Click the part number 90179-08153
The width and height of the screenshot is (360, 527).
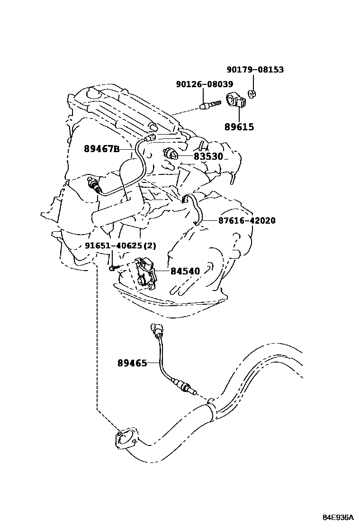pos(255,70)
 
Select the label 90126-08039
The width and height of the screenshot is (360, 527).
pos(204,84)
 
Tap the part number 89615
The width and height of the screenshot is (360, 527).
pos(239,127)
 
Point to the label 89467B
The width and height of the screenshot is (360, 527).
pos(101,149)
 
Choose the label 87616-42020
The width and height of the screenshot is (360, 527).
pos(247,221)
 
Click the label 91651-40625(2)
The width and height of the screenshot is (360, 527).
pos(120,245)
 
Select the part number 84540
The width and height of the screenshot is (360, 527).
pos(185,271)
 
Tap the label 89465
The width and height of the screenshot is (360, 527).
pos(132,363)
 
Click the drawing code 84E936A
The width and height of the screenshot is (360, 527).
pos(338,517)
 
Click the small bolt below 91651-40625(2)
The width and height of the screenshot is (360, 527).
pos(112,268)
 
